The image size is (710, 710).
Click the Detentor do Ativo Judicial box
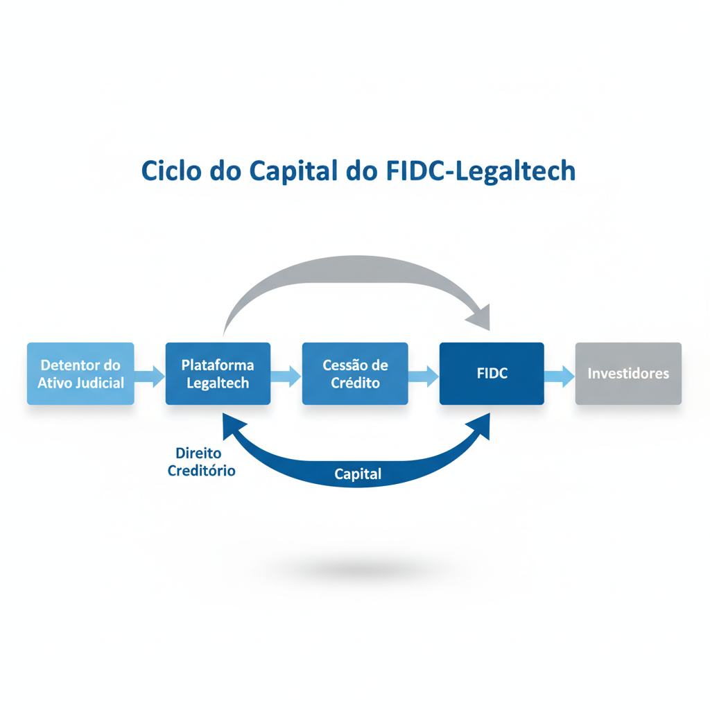pyautogui.click(x=80, y=373)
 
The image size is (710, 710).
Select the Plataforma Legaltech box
pyautogui.click(x=218, y=373)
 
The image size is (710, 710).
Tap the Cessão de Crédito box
pyautogui.click(x=355, y=373)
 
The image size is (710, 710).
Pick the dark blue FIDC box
pyautogui.click(x=492, y=373)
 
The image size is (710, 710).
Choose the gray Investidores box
pyautogui.click(x=628, y=373)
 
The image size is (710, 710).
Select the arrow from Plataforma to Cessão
pyautogui.click(x=286, y=376)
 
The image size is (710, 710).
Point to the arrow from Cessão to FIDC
pyautogui.click(x=424, y=376)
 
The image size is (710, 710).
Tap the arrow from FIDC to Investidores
pyautogui.click(x=560, y=376)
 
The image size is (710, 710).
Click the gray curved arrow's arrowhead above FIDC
pyautogui.click(x=479, y=318)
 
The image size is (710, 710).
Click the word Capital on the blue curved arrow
pyautogui.click(x=358, y=474)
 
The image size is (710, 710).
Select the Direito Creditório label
pyautogui.click(x=201, y=462)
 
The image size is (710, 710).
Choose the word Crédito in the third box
pyautogui.click(x=355, y=383)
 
